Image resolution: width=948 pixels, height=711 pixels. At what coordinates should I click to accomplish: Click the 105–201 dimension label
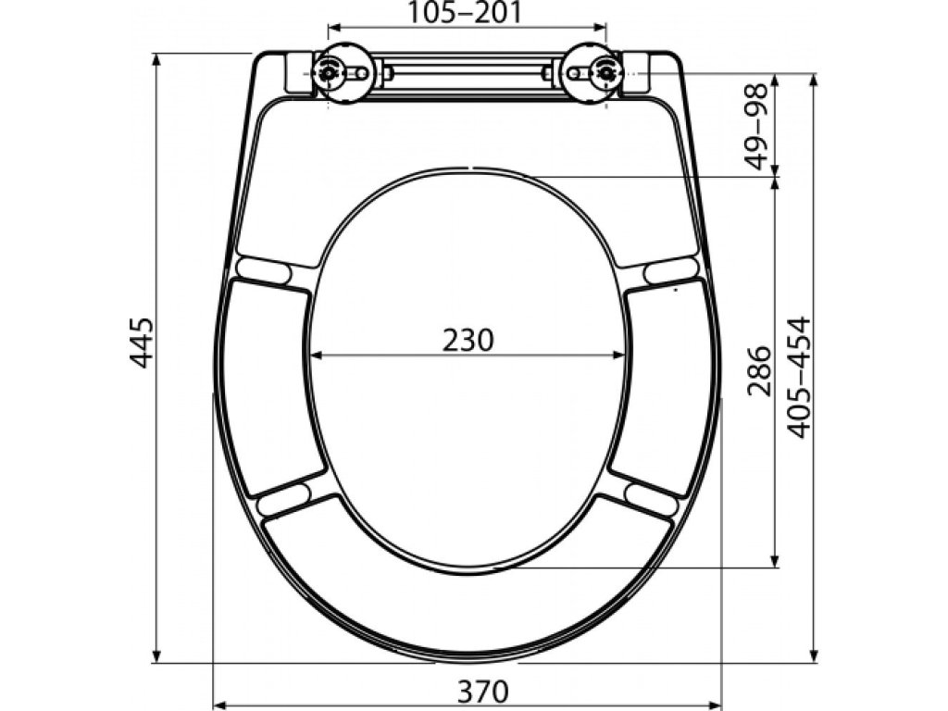465,13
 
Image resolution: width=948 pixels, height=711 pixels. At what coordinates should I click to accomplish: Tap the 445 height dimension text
143,343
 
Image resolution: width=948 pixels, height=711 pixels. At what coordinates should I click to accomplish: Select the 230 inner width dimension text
468,340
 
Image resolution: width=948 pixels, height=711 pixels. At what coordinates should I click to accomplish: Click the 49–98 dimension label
755,126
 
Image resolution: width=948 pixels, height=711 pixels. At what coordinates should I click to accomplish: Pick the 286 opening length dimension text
759,371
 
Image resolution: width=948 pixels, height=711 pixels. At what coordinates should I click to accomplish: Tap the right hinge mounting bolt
605,73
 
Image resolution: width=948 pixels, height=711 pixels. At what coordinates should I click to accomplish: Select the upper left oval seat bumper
264,269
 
